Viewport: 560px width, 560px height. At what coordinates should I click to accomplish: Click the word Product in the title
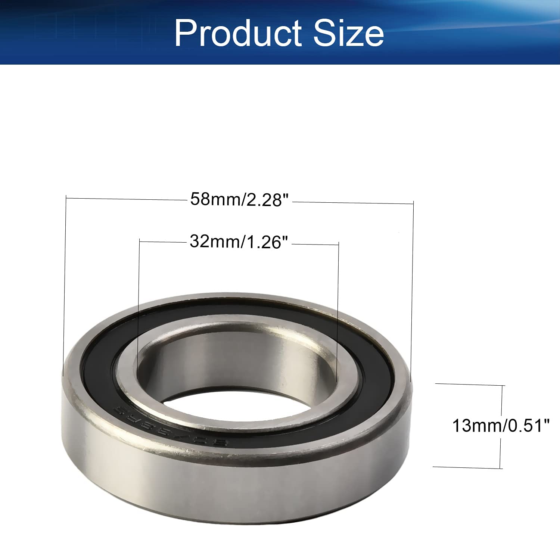(238, 33)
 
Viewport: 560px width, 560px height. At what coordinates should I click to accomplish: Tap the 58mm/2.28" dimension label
(240, 199)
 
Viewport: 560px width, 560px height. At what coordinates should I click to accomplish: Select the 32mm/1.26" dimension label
(239, 242)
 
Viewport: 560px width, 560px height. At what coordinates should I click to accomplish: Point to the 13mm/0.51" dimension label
(501, 426)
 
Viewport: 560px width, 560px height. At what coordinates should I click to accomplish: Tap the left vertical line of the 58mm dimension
(65, 284)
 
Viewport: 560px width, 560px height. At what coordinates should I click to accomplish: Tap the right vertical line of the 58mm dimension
(413, 291)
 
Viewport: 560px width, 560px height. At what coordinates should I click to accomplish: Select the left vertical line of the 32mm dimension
(139, 306)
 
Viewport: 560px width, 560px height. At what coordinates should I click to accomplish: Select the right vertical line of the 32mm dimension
(338, 310)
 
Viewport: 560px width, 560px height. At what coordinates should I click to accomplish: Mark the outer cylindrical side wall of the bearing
(239, 485)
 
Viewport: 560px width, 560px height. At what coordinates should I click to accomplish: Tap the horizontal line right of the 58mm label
(353, 203)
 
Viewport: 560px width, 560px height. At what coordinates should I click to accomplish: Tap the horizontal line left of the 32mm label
(162, 242)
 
